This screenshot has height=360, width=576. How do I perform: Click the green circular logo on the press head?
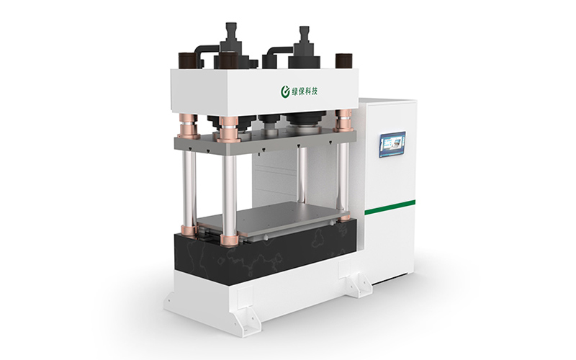(x=285, y=92)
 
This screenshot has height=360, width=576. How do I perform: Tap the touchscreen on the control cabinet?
(x=392, y=145)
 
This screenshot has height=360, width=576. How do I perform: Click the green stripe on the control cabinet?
(x=390, y=207)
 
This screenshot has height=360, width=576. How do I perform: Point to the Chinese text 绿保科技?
(x=305, y=91)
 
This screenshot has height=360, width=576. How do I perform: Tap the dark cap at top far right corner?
(x=343, y=61)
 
